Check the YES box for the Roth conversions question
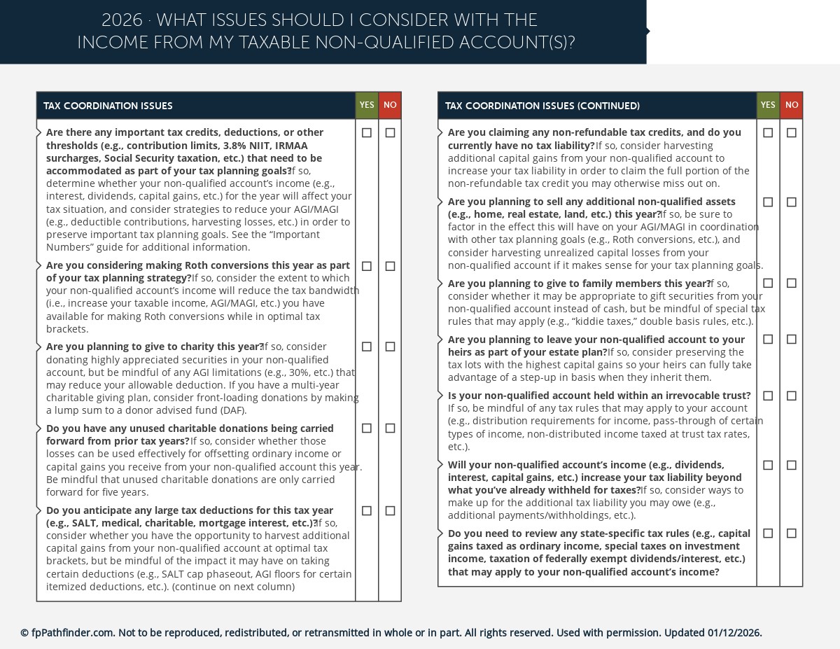click(367, 266)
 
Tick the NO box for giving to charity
click(390, 347)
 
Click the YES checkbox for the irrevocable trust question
click(768, 396)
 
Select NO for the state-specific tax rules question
click(792, 533)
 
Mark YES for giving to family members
click(768, 283)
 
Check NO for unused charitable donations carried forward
click(390, 428)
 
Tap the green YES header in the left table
click(367, 106)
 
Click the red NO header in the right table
click(792, 106)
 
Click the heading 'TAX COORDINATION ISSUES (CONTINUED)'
click(542, 106)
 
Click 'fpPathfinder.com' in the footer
click(72, 633)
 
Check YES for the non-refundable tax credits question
click(768, 133)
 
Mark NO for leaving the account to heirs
click(792, 340)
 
